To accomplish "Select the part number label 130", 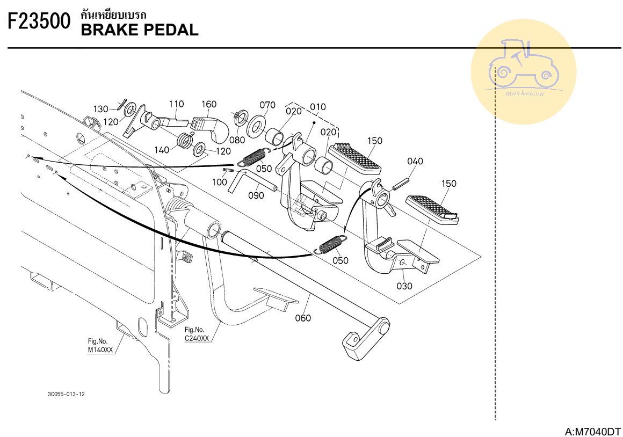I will tap(101, 109).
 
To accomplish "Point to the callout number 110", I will tap(176, 104).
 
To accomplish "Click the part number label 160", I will tap(209, 104).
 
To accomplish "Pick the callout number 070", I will tap(267, 105).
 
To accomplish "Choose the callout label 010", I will tap(318, 107).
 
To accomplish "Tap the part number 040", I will tap(415, 161).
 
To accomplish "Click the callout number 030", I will tap(404, 286).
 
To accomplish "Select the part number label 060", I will tap(303, 318).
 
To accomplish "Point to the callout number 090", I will tap(256, 195).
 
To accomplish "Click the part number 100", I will tap(219, 182).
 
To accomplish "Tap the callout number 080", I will tap(237, 140).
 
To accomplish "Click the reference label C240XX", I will tap(197, 339).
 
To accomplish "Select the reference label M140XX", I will tap(100, 350).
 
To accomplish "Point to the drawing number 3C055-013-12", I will tap(66, 394).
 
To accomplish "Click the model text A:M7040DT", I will tap(592, 432).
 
